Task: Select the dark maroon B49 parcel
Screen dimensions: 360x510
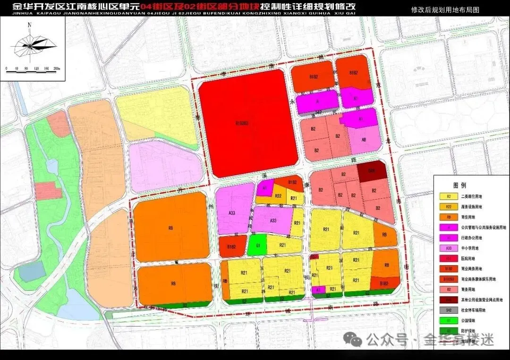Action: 372,171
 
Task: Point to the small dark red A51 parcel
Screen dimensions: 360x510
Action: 314,257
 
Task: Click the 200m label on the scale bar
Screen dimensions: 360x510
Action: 57,69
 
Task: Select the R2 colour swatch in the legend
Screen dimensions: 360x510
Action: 446,196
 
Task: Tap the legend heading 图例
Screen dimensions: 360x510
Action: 459,185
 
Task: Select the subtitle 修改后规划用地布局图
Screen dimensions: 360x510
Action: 445,9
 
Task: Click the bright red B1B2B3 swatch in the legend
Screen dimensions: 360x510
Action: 446,279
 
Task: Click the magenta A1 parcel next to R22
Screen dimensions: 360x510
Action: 264,187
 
